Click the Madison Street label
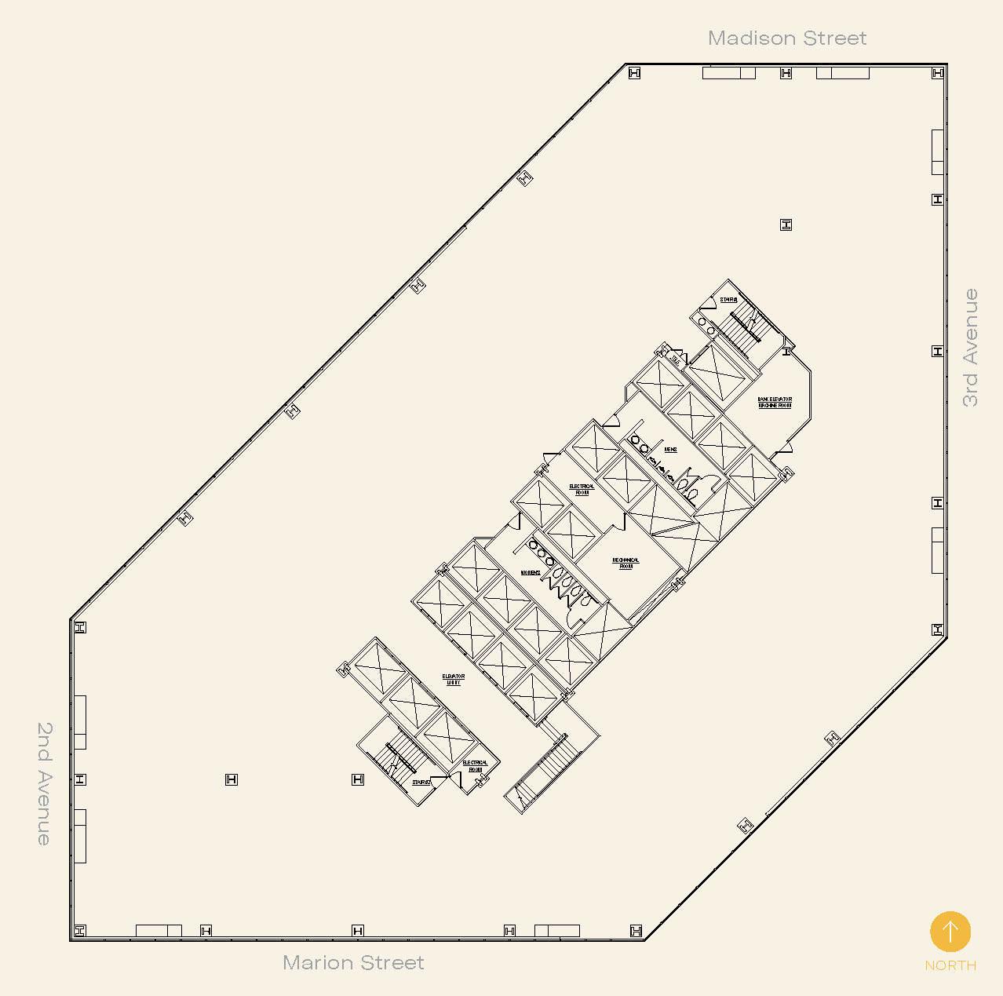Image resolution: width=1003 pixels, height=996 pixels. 786,38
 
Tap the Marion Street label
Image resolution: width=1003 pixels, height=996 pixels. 353,963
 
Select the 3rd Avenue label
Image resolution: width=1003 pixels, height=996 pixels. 971,348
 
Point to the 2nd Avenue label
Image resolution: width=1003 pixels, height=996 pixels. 45,783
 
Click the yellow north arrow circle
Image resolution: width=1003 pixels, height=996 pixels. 950,932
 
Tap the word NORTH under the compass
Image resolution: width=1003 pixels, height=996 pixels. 950,965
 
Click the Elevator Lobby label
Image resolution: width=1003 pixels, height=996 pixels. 454,679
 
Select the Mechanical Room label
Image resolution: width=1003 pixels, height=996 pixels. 626,563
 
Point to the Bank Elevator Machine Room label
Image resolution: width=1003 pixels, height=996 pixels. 775,403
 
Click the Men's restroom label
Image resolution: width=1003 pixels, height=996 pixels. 670,450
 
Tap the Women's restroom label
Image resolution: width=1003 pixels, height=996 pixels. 530,573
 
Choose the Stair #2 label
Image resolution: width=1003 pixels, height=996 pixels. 421,783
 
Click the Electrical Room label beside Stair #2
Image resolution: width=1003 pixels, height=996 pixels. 475,765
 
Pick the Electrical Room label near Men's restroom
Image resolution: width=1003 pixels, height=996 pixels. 582,489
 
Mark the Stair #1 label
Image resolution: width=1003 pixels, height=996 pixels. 728,300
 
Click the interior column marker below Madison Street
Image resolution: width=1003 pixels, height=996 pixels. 786,225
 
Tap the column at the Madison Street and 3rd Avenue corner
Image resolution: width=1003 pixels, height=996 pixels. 937,73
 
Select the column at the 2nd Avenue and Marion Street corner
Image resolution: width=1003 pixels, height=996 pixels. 79,930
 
